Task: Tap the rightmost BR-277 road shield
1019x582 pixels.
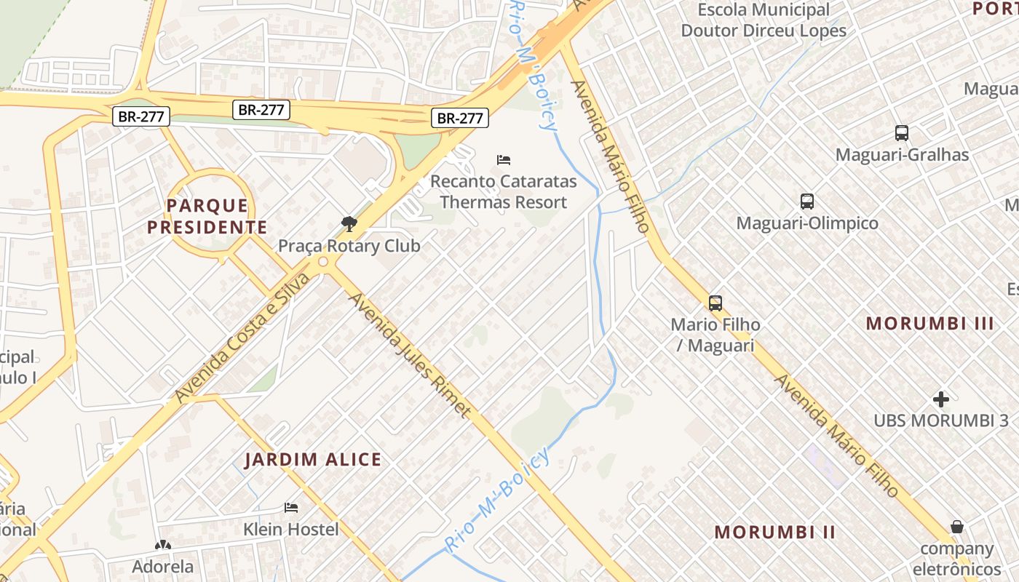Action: point(459,118)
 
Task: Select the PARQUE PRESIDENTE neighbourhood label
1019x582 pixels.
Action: point(207,217)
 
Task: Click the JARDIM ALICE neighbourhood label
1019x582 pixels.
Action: point(313,460)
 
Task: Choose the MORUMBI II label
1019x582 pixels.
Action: point(774,532)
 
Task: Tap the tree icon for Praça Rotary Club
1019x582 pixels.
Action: point(349,223)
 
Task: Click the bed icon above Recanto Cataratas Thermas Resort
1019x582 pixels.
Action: point(503,159)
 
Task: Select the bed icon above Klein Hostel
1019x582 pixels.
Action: point(291,507)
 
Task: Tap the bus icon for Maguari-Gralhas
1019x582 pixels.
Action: point(902,133)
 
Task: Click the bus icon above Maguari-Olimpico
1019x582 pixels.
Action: point(806,202)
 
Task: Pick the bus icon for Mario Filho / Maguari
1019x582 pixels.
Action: point(715,303)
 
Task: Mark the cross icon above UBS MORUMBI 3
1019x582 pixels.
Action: point(941,399)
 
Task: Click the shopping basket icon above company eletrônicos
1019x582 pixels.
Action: point(957,527)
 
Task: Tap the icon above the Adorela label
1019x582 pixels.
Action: point(162,545)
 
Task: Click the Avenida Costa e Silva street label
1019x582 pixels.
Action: point(242,338)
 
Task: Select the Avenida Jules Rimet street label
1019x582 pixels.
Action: point(409,354)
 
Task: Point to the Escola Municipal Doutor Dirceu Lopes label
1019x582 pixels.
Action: point(764,20)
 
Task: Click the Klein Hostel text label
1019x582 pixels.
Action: point(291,529)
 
